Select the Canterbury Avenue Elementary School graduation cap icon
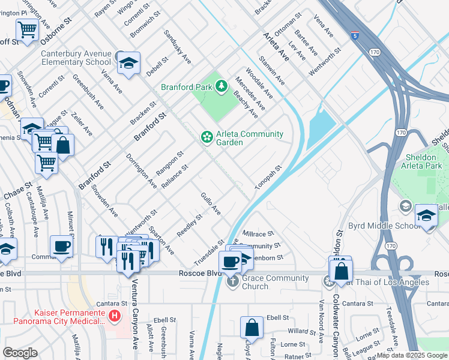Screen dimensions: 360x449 point(128,63)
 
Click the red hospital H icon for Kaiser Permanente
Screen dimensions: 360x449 point(115,315)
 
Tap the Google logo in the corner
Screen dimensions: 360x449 point(20,353)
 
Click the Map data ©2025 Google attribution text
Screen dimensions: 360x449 point(412,355)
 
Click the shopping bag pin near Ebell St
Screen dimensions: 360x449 point(252,328)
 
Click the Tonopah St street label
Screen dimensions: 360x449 point(268,179)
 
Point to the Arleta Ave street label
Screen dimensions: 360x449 point(276,47)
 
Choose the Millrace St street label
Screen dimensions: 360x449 point(258,233)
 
